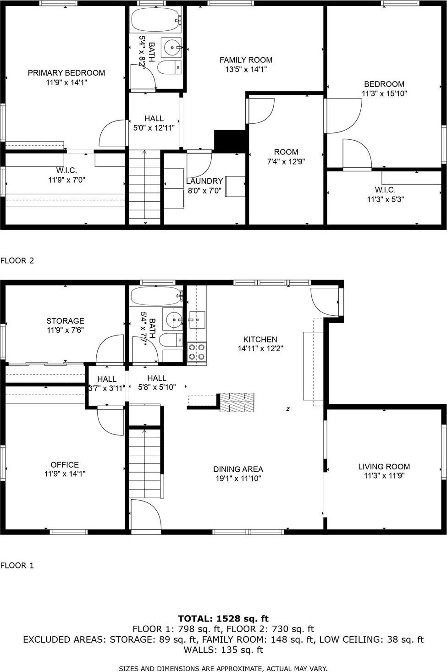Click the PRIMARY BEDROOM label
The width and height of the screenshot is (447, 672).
66,73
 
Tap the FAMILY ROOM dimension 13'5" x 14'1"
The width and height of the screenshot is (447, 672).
246,70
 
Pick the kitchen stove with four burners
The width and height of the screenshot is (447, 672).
197,352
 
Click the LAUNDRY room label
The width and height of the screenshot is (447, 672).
204,181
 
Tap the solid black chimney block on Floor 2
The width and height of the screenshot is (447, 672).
231,141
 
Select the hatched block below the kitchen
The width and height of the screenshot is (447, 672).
237,402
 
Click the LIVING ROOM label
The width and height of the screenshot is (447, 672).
384,467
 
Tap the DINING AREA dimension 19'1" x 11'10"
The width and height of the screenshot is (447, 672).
238,479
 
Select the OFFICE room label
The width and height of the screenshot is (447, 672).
65,465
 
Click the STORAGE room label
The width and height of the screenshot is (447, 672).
65,321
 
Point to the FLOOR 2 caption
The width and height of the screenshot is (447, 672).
17,260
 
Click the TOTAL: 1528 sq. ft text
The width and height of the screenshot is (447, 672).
223,618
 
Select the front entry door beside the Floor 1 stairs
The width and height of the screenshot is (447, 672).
146,515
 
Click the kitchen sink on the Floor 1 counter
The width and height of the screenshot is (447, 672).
197,319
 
